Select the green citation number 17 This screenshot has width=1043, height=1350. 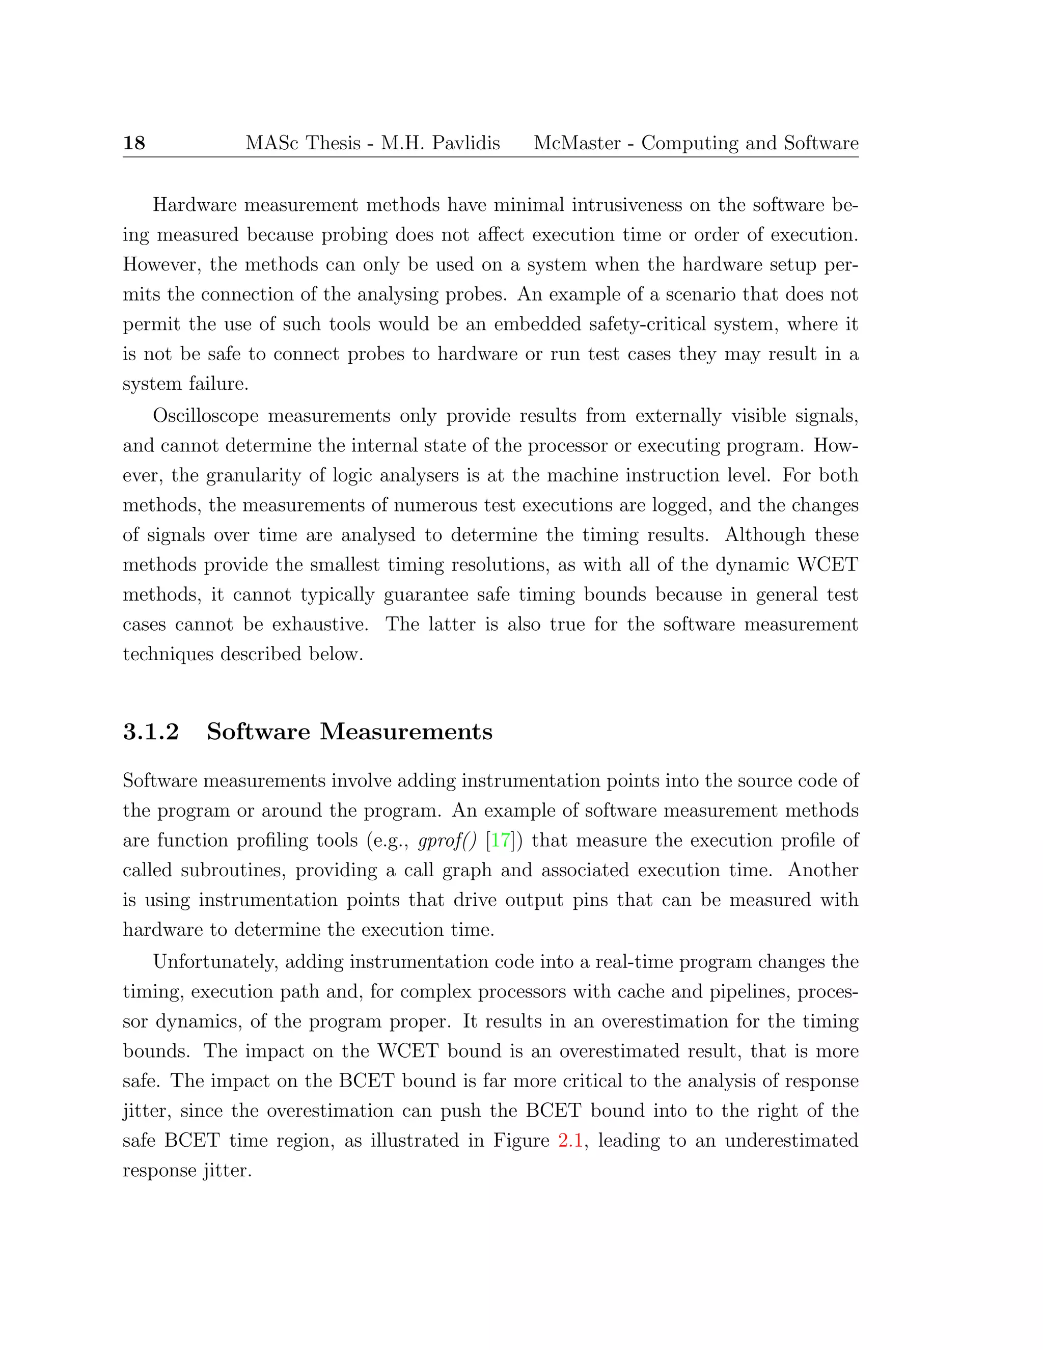[x=501, y=841]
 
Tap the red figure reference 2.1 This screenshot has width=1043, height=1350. [x=570, y=1141]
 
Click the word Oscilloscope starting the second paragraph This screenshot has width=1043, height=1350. [x=206, y=416]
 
